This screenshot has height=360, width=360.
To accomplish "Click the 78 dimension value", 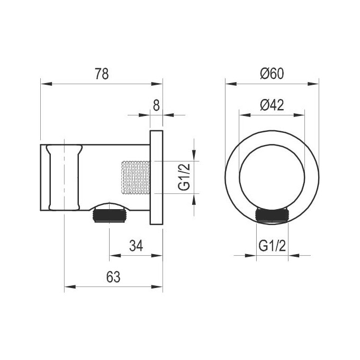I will point(101,74).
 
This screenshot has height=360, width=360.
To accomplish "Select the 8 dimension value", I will point(156,105).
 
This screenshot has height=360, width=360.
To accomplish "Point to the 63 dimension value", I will point(113,276).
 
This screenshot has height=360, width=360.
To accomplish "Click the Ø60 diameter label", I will point(272,74).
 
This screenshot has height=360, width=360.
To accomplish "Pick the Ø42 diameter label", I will point(272,105).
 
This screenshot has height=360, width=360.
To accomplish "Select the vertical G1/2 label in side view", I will point(184,177).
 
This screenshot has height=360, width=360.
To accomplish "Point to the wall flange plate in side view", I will point(156,177).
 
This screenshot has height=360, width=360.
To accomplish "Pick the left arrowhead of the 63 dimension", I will point(67,287).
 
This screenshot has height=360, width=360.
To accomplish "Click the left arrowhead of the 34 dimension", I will point(112,255).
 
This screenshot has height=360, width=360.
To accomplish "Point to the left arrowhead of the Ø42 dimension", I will point(242,114).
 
